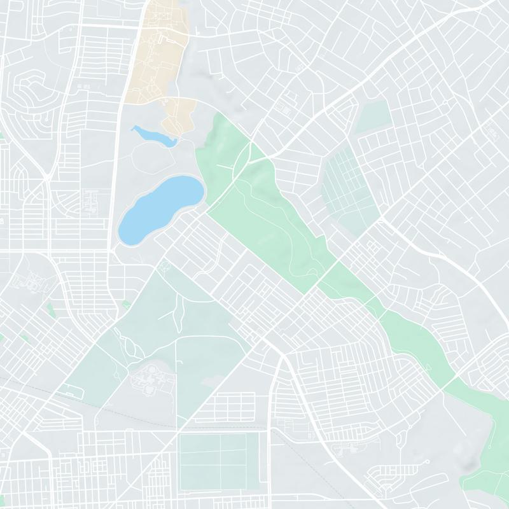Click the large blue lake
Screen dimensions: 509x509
[159, 207]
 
